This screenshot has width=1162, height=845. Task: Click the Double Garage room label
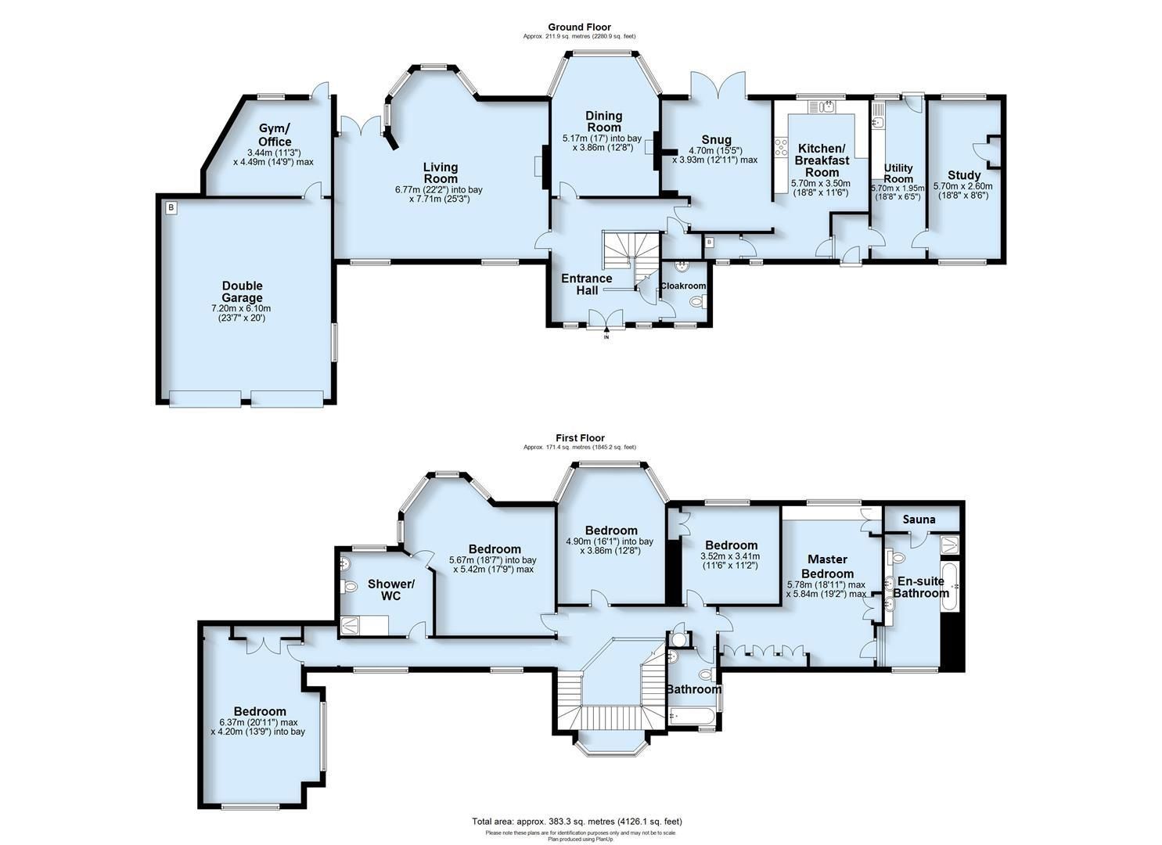tap(242, 292)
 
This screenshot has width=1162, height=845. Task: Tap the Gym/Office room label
tap(275, 135)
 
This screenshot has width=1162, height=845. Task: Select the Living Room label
tap(441, 173)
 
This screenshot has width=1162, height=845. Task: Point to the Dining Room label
tap(603, 121)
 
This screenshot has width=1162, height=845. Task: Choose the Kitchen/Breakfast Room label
tap(822, 160)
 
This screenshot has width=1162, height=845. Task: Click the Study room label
tap(963, 175)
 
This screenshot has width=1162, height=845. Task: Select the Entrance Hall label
tap(587, 284)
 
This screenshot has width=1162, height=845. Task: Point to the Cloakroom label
tap(683, 286)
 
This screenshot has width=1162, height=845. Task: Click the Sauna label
tap(919, 520)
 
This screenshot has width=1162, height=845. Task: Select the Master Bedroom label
tap(827, 566)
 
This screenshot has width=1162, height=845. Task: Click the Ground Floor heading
tap(580, 27)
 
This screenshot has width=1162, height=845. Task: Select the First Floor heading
tap(580, 438)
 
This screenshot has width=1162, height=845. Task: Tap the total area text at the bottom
tap(577, 822)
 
